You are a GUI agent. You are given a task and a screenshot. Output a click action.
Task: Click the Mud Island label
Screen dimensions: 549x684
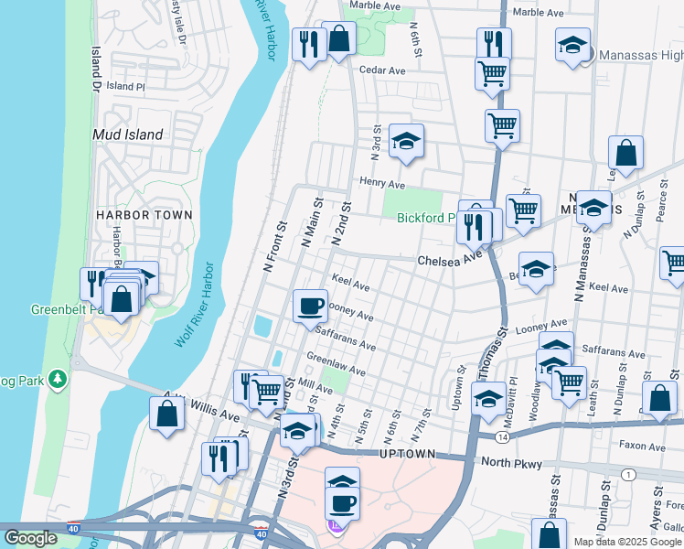tap(128, 135)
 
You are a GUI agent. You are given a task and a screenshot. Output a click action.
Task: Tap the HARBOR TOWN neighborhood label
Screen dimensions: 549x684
tap(144, 215)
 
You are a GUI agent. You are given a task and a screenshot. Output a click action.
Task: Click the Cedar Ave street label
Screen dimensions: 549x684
tap(382, 70)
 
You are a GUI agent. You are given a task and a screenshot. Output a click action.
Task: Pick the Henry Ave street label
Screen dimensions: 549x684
tap(381, 183)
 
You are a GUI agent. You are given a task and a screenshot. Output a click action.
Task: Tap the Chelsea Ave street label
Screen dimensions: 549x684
tap(449, 261)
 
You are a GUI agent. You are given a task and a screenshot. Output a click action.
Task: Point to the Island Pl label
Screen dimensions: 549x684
tap(125, 86)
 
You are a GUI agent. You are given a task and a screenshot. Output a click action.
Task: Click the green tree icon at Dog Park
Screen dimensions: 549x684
tap(57, 377)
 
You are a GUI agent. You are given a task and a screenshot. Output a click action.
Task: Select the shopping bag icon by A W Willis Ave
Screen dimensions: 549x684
tap(167, 413)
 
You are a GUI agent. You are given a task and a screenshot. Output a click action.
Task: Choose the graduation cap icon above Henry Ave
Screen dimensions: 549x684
tap(406, 141)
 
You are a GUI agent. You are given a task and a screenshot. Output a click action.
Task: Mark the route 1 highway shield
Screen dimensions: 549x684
tap(628, 474)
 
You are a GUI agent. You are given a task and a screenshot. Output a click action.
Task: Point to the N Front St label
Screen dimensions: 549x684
tap(275, 245)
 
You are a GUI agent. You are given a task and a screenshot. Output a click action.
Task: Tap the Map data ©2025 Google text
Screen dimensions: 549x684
tap(628, 542)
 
